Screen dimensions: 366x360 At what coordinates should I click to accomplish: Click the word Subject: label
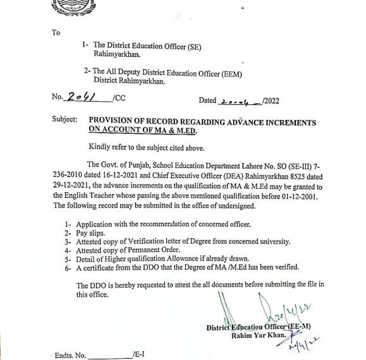(x=66, y=120)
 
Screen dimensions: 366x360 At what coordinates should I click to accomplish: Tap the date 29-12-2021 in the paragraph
(x=74, y=187)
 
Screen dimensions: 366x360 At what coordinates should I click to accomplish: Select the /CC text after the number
(x=117, y=98)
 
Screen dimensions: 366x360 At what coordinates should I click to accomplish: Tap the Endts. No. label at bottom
(x=70, y=355)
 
